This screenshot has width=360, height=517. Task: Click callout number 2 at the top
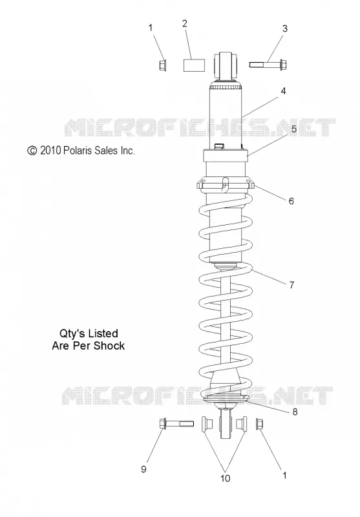point(185,23)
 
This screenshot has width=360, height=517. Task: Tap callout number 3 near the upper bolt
point(285,28)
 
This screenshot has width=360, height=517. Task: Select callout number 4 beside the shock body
point(283,91)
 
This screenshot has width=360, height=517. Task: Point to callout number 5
point(293,129)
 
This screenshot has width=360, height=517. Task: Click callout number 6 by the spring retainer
point(291,201)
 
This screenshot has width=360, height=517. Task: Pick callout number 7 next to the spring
point(291,285)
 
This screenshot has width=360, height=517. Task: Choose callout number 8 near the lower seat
point(295,412)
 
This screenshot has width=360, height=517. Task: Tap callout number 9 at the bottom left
point(143,469)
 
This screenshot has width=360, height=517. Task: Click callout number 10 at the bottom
point(225,478)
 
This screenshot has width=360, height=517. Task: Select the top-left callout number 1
point(151,28)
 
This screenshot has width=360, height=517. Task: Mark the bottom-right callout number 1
point(284,475)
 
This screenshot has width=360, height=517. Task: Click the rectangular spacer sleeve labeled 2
point(194,65)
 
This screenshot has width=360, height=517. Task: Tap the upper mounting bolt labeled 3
point(268,64)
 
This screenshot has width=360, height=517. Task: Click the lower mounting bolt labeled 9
point(176,423)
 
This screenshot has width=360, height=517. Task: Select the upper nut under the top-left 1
point(162,65)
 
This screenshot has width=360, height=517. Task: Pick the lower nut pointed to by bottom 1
point(260,424)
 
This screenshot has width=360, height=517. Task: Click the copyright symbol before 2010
point(32,151)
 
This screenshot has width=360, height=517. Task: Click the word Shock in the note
point(109,346)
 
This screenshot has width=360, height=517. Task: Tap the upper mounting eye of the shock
point(226,65)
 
